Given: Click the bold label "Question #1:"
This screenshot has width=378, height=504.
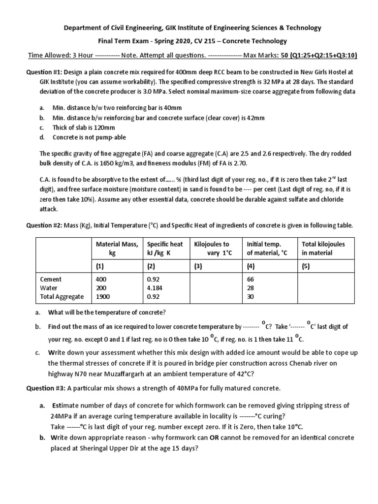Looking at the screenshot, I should pos(44,71).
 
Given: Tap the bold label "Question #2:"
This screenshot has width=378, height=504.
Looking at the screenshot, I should pos(44,226).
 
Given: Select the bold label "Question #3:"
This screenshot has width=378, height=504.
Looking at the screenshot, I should pos(44,389).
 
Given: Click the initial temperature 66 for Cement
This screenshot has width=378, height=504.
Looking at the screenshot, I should pos(251,279).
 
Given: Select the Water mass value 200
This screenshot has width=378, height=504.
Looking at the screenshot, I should pos(101,288).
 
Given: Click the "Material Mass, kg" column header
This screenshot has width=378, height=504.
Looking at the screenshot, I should pos(117,249).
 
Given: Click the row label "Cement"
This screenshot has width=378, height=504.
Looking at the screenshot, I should pos(51,279).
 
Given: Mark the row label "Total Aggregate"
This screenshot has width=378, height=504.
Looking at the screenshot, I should pos(62,297).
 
